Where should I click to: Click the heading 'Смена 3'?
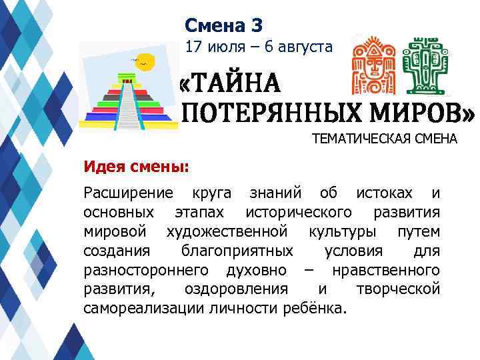[x=224, y=25]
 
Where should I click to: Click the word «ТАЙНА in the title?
[x=229, y=87]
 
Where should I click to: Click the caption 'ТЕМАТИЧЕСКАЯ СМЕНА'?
[x=385, y=139]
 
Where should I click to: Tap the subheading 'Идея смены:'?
[x=136, y=165]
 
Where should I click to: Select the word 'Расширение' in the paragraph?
[x=128, y=194]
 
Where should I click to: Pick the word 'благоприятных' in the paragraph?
[x=237, y=251]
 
